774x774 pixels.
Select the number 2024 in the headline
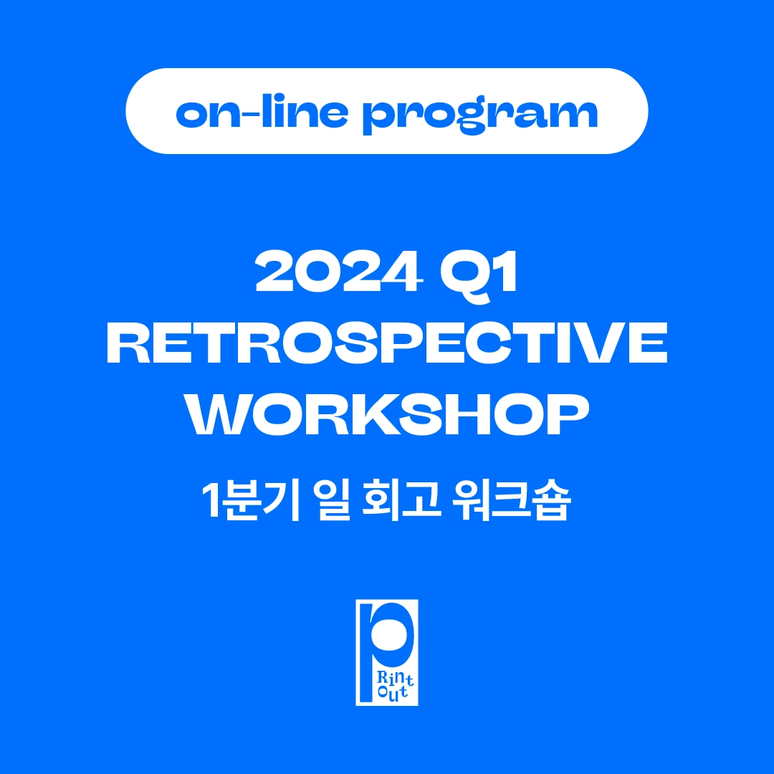pos(339,271)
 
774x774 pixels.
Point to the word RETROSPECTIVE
pos(387,343)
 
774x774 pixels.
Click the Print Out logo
pos(387,653)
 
